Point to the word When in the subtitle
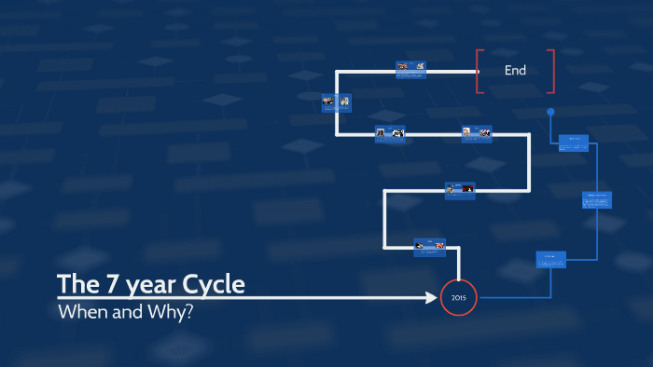(80, 311)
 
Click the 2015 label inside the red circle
(459, 298)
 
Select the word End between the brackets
(515, 70)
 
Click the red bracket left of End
(479, 71)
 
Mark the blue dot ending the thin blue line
(550, 112)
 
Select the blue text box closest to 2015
(550, 260)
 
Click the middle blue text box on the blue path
(597, 199)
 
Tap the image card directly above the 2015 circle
(431, 247)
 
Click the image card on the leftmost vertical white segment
(336, 102)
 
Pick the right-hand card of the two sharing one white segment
(477, 134)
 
